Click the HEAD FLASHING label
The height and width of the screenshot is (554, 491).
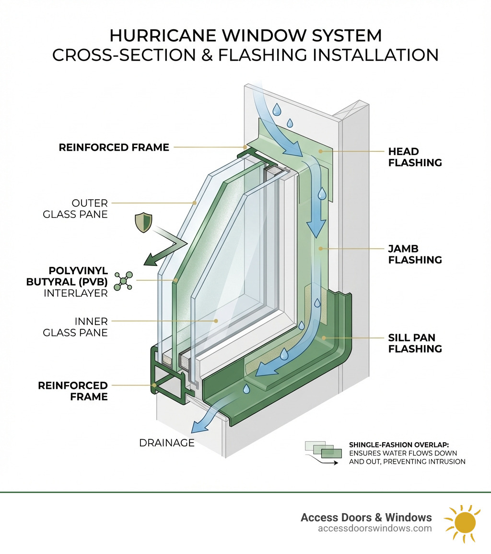click(x=415, y=157)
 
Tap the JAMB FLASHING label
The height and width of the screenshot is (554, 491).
click(x=415, y=254)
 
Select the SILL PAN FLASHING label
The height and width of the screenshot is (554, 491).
click(x=415, y=343)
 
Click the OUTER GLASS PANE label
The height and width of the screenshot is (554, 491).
click(x=75, y=208)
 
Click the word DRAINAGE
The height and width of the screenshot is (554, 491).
click(x=167, y=443)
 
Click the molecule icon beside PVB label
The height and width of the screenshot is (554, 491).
click(x=124, y=281)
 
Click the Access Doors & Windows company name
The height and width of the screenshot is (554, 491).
click(x=366, y=517)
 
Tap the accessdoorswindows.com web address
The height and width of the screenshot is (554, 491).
click(x=374, y=529)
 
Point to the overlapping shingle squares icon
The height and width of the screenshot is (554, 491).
click(x=323, y=450)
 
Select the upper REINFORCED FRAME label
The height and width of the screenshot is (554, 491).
click(x=114, y=147)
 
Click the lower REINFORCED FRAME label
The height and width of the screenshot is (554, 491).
click(x=73, y=391)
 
